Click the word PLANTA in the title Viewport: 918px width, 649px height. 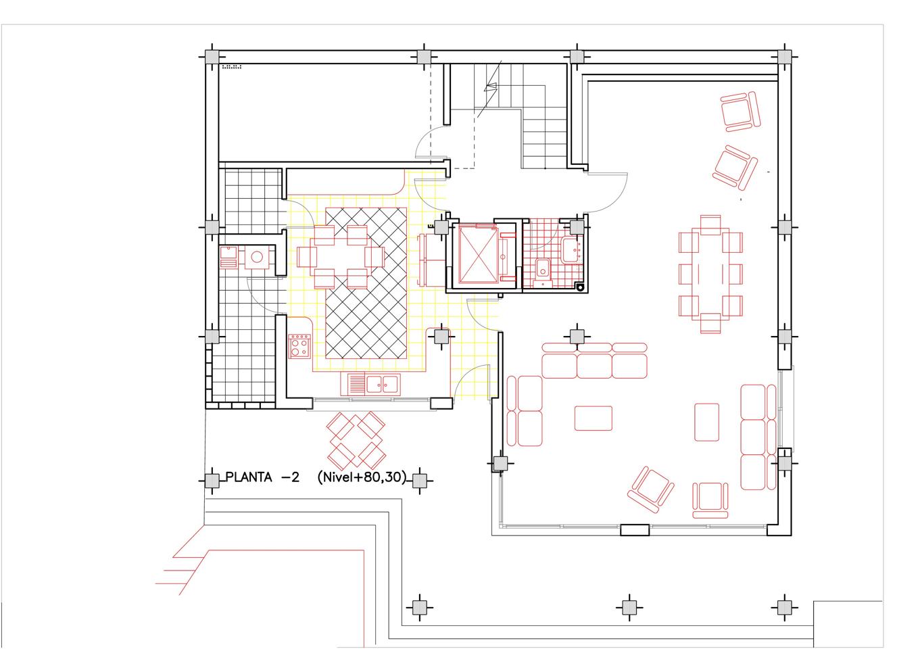[x=249, y=477]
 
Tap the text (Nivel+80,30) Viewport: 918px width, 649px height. [x=362, y=477]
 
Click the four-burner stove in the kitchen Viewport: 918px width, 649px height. [x=299, y=346]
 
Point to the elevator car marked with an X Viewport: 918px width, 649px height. [x=478, y=254]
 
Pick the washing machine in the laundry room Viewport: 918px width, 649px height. [x=257, y=258]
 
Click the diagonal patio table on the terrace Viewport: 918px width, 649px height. [x=356, y=440]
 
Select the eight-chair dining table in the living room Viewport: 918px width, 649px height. [x=710, y=274]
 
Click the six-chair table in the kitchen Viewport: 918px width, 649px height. [x=341, y=257]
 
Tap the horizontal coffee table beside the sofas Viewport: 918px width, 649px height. [x=593, y=418]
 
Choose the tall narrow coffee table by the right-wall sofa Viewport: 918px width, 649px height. [x=706, y=422]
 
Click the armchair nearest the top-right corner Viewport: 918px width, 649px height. [x=740, y=112]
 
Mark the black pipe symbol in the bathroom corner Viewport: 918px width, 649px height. [x=580, y=287]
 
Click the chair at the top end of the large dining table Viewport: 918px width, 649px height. [x=710, y=225]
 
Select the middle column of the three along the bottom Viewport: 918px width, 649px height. [x=629, y=607]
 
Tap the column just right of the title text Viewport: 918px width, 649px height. [x=419, y=481]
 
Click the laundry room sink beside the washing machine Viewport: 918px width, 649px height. [x=228, y=258]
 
